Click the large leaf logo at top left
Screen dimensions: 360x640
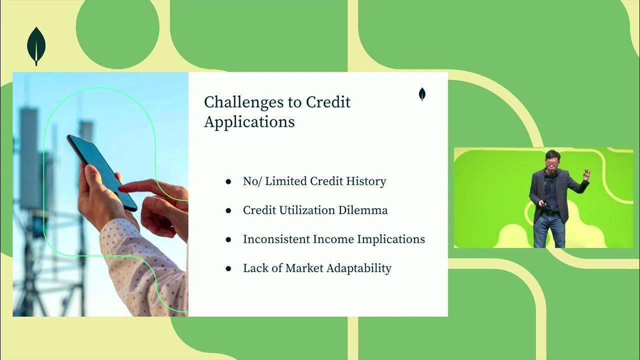[36, 45]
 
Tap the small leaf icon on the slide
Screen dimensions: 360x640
[422, 94]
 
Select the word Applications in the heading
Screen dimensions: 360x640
[249, 122]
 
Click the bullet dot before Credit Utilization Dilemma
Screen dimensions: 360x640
[228, 210]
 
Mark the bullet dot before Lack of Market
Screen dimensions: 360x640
[228, 268]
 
